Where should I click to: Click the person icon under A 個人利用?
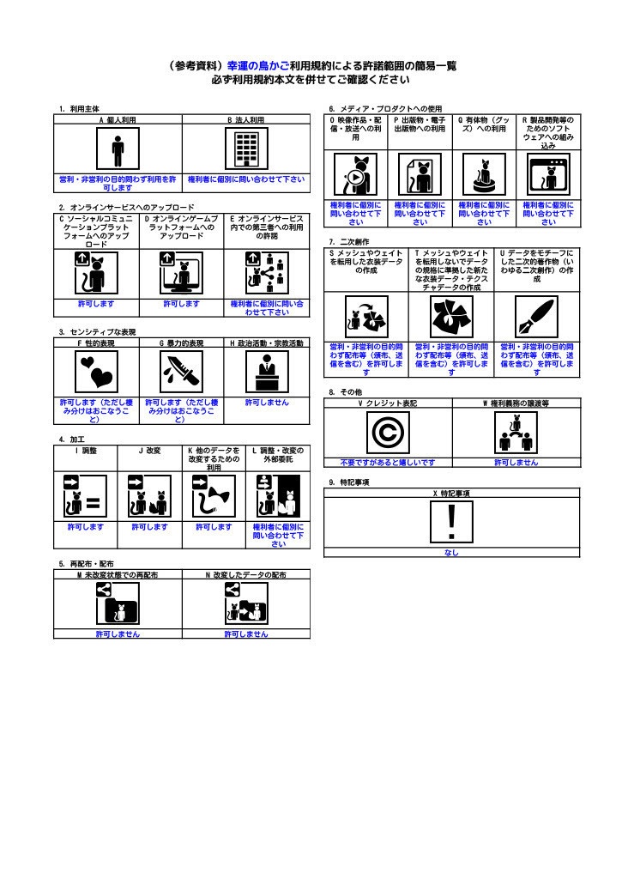pyautogui.click(x=118, y=152)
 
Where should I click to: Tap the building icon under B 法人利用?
pyautogui.click(x=246, y=152)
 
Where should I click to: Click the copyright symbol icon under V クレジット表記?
pyautogui.click(x=388, y=433)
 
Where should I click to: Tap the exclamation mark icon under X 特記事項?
pyautogui.click(x=452, y=522)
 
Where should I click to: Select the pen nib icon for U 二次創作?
pyautogui.click(x=536, y=318)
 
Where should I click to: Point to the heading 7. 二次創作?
pyautogui.click(x=350, y=241)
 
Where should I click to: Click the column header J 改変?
pyautogui.click(x=149, y=450)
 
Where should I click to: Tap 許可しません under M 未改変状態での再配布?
pyautogui.click(x=118, y=634)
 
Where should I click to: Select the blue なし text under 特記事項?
pyautogui.click(x=452, y=553)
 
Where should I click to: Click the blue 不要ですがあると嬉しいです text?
pyautogui.click(x=388, y=462)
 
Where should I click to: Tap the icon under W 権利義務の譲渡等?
pyautogui.click(x=516, y=433)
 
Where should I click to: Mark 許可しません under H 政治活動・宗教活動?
pyautogui.click(x=266, y=402)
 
